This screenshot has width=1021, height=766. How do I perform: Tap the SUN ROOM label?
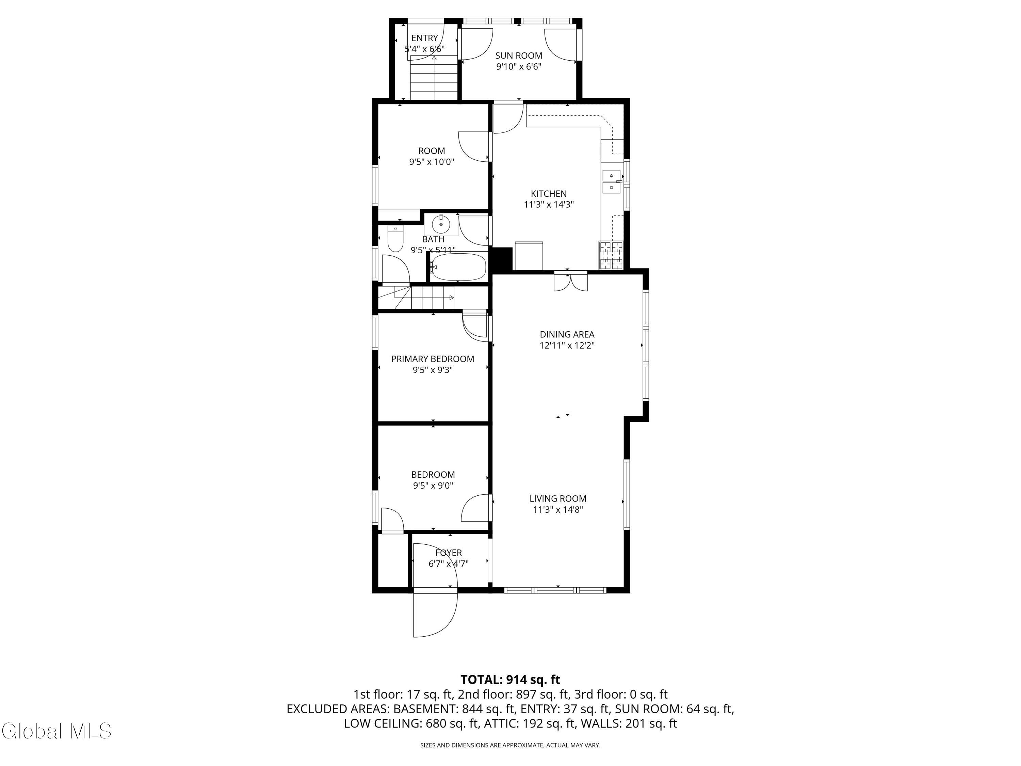[x=519, y=55]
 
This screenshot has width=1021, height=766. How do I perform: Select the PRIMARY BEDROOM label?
[x=433, y=359]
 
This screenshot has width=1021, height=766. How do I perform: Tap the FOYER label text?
[x=449, y=552]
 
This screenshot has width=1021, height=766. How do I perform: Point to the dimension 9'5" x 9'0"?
[x=433, y=485]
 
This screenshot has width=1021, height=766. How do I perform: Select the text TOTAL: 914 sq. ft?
[x=510, y=680]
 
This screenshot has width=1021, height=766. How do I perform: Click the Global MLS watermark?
[x=56, y=731]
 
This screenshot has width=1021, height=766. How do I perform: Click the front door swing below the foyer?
[x=435, y=615]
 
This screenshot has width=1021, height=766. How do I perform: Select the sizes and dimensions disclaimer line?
[x=510, y=745]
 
